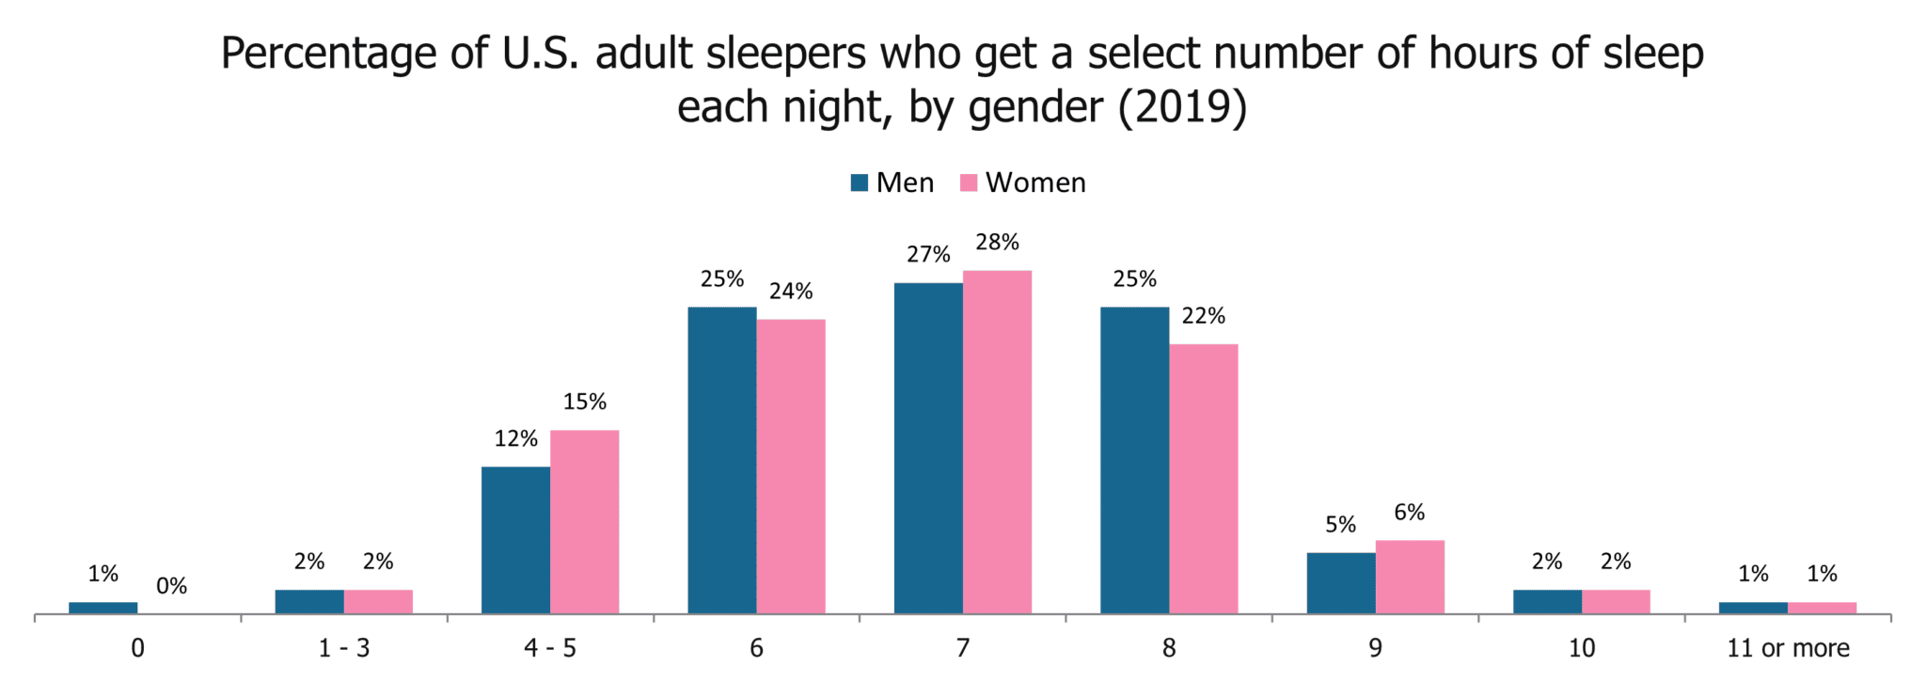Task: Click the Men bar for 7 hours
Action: point(928,449)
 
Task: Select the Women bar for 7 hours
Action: point(997,442)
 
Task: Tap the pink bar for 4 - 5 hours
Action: point(584,522)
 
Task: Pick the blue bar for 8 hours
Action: point(1134,461)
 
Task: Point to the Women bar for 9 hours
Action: point(1410,577)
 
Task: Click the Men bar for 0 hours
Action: point(103,608)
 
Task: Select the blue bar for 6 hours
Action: point(722,461)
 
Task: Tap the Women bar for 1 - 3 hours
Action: point(378,602)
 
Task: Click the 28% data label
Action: point(997,243)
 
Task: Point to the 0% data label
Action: point(172,587)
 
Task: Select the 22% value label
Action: point(1204,316)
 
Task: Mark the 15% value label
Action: point(585,403)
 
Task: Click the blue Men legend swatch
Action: point(859,182)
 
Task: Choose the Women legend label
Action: point(1035,182)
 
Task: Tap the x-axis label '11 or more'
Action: point(1788,648)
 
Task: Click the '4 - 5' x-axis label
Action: point(550,648)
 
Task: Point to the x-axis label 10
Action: point(1582,648)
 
